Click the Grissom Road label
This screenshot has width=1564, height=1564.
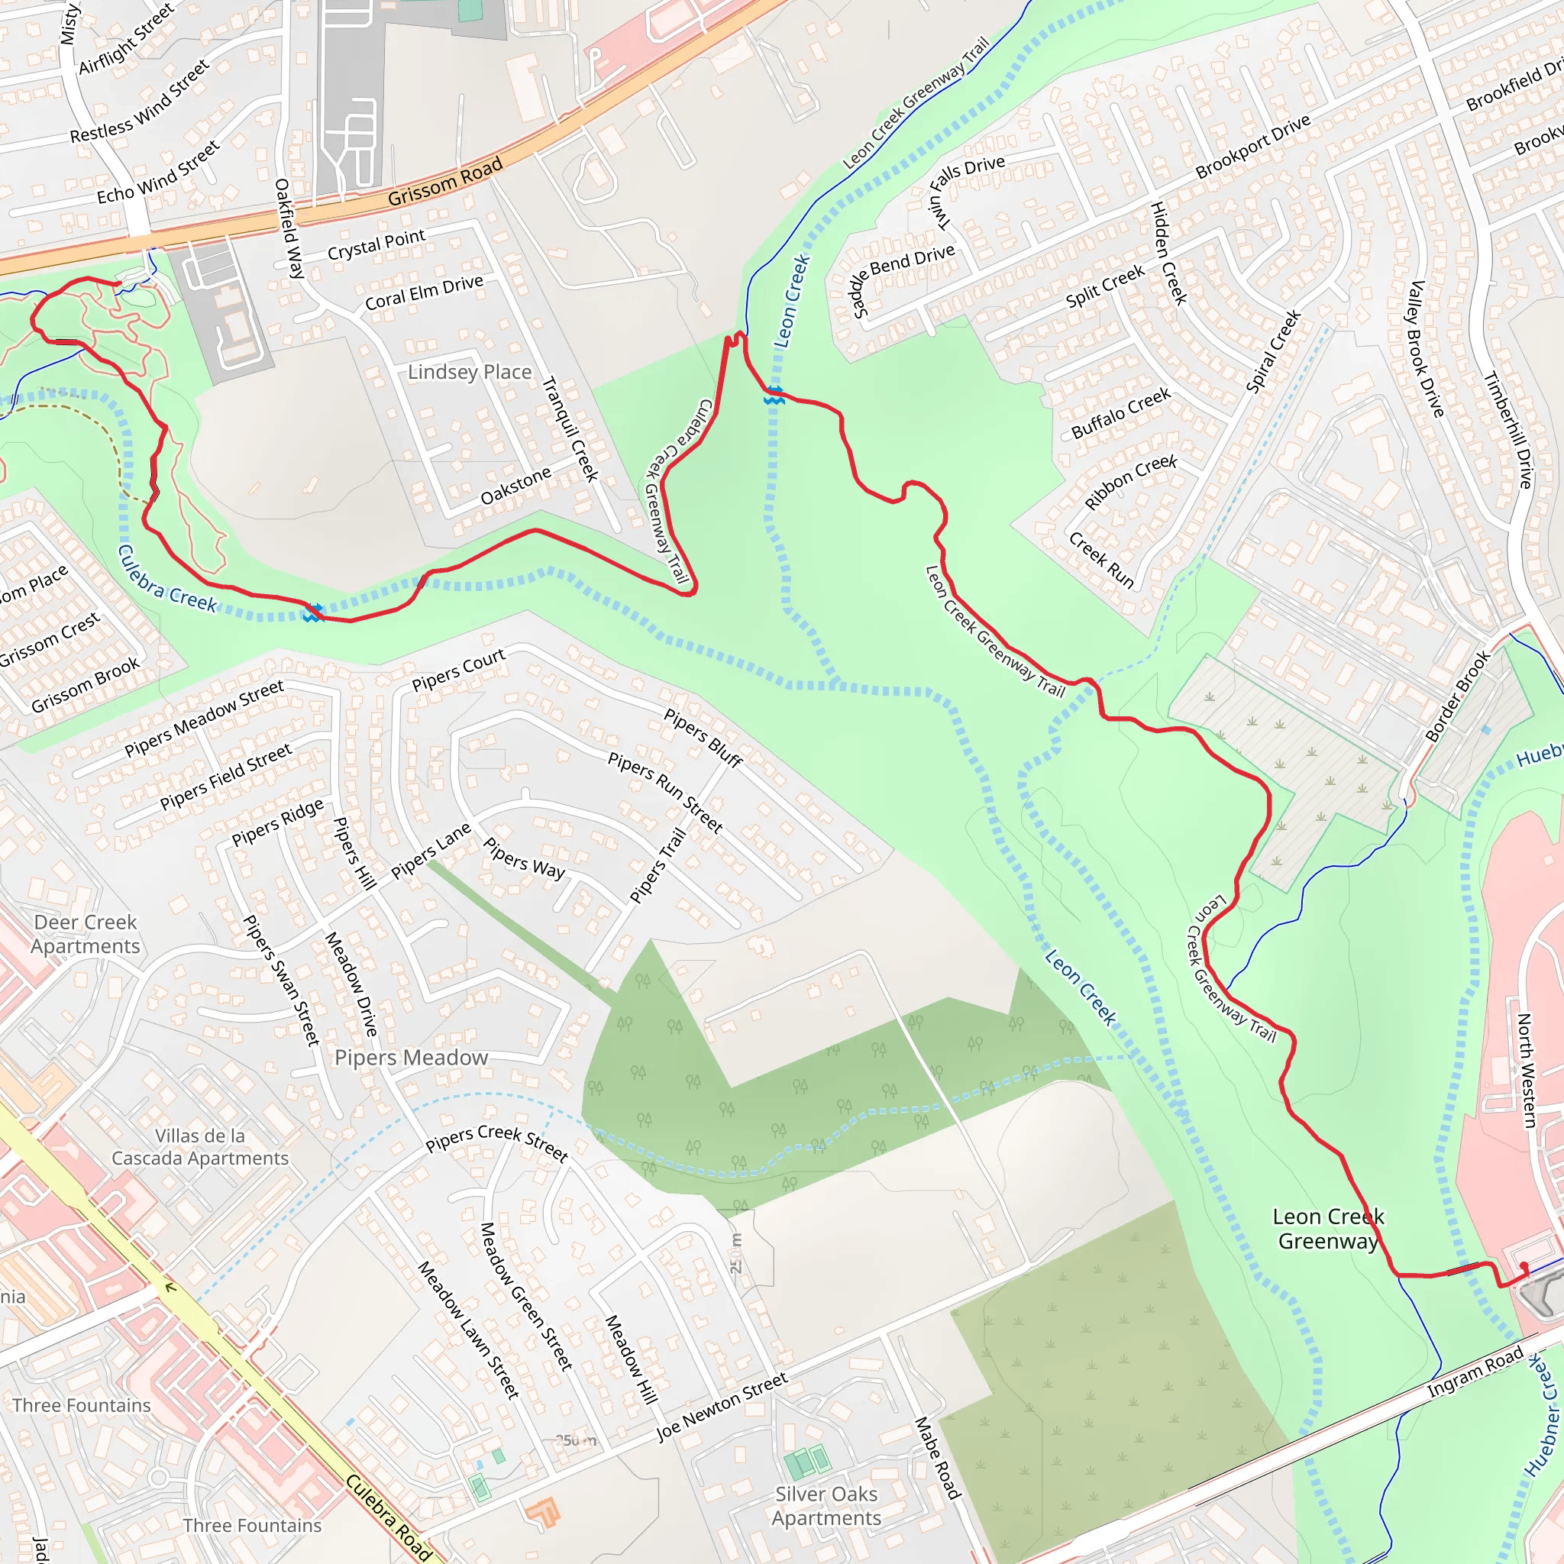(444, 181)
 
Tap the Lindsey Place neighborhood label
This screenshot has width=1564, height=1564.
(470, 373)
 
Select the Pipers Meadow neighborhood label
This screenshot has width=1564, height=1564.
(412, 1058)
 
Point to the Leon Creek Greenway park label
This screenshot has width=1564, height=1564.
(1329, 1229)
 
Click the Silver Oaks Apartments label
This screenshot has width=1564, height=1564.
(826, 1506)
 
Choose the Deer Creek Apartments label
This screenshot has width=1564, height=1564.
(85, 934)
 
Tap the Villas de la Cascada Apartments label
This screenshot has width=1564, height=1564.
(200, 1147)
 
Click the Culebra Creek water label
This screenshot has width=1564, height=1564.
(166, 579)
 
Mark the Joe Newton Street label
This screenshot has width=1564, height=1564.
(721, 1407)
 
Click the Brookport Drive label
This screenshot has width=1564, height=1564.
(1253, 146)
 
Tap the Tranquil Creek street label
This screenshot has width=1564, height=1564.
(570, 429)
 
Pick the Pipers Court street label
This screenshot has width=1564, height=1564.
(458, 670)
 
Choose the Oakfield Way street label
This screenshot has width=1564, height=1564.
(288, 228)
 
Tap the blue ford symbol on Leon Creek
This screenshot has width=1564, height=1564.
(774, 396)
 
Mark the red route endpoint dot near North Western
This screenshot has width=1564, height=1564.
(1524, 1265)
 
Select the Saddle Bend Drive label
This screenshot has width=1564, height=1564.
(903, 280)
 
